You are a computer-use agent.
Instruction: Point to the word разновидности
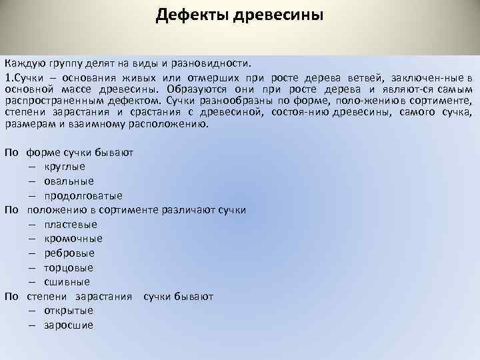214,64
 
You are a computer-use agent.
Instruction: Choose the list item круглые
65,167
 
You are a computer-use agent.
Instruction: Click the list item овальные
69,181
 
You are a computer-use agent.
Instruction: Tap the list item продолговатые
83,196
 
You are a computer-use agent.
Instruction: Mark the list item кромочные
73,239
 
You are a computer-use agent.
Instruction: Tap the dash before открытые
32,311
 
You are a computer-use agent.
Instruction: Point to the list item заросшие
69,326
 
